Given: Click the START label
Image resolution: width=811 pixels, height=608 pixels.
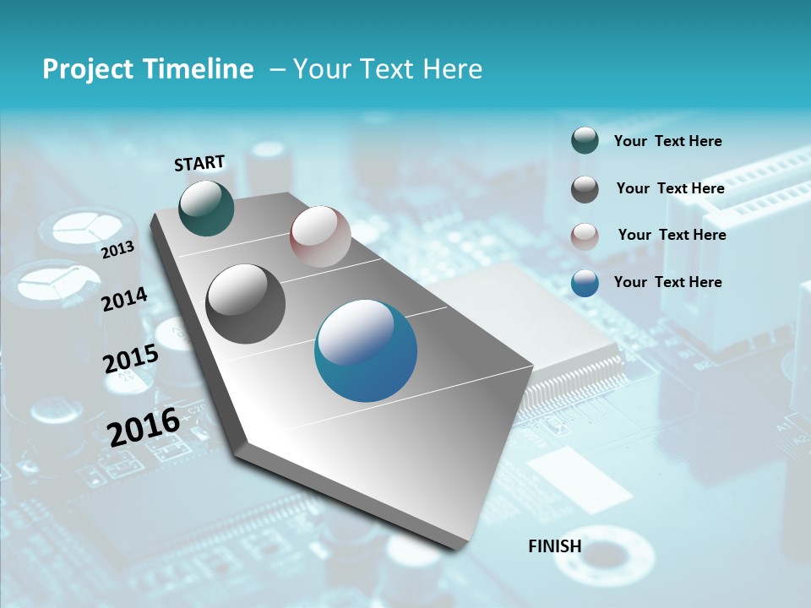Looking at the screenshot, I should pos(199,163).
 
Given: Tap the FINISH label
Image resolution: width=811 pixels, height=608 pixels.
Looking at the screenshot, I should pos(555,546).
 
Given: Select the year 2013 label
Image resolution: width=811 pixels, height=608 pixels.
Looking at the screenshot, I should pos(117,249).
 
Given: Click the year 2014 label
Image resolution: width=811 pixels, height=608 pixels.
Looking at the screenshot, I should pos(124,299).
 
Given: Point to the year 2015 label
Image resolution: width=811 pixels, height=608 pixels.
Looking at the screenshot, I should pos(131,359).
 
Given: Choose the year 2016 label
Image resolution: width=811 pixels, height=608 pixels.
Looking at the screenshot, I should pos(144,426).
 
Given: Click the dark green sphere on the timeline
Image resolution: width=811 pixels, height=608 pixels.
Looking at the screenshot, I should pos(206,208).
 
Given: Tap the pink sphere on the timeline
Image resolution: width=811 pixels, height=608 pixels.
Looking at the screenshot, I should pos(320,236).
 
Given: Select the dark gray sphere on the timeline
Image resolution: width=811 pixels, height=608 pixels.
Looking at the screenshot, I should pos(246,304).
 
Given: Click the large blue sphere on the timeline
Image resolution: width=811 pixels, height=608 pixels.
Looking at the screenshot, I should pos(366,350).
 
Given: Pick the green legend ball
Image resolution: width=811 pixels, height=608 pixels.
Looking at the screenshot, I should pos(585,140).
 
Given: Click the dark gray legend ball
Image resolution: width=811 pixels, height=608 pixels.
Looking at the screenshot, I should pos(585,189).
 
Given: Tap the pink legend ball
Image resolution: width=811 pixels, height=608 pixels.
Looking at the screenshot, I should pos(585,236).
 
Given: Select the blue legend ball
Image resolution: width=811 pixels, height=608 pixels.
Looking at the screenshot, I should pos(585,283).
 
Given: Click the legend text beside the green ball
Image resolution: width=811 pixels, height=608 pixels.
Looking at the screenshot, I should pos(667,141).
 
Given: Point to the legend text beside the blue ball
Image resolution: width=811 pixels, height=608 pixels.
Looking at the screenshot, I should pos(667,282).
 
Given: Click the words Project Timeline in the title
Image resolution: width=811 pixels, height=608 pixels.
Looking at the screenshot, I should pos(148,69).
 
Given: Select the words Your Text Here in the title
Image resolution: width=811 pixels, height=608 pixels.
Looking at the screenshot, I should pos(388,69).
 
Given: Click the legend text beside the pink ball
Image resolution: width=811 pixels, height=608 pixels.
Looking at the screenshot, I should pos(672,235).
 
